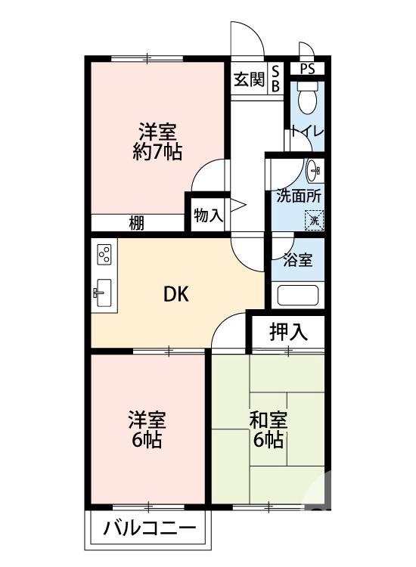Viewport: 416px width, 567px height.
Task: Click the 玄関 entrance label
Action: coord(248,79)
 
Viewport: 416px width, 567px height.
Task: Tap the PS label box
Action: coord(307,69)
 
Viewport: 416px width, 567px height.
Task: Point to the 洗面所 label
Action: coord(298,195)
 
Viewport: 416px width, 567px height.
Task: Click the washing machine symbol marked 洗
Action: coord(314,220)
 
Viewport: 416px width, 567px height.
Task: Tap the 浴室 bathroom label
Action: coord(298,259)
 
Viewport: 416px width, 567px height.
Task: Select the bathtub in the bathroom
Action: coord(298,295)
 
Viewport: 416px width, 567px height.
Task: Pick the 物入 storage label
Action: coord(208,215)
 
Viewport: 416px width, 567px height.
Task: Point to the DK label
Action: coord(176,295)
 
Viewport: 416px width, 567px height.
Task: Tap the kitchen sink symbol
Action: coord(104,293)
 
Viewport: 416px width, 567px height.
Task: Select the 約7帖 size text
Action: coord(157,151)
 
